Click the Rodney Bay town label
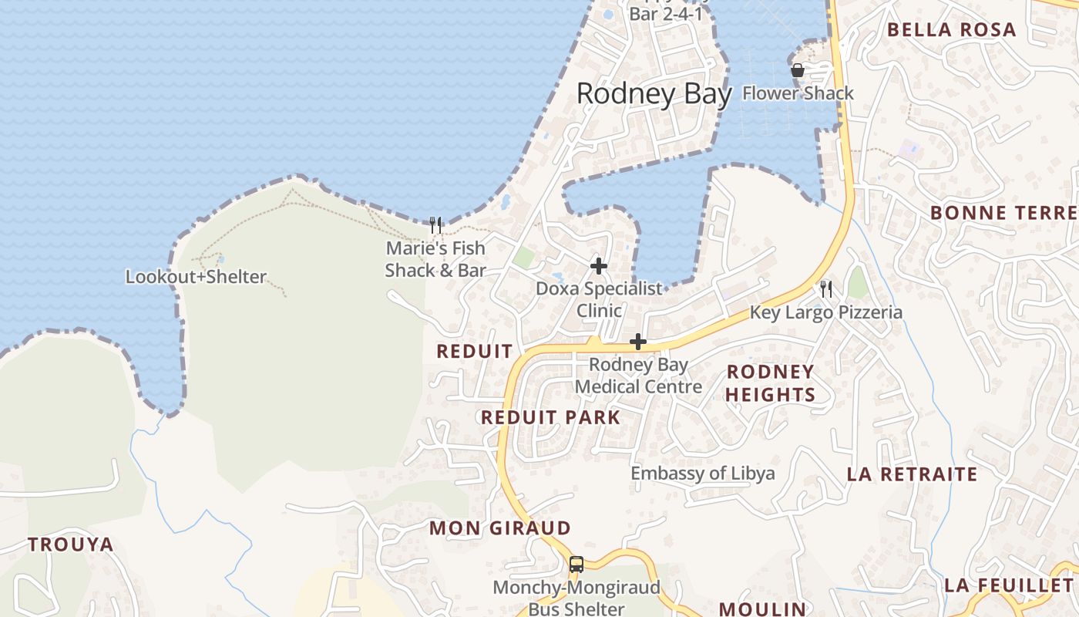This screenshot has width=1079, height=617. (x=654, y=94)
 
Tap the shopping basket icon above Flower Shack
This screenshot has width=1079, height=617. (x=798, y=70)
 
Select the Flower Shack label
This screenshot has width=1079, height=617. (x=798, y=93)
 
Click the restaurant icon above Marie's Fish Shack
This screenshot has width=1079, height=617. (x=435, y=225)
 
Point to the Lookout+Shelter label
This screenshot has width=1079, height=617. (x=196, y=277)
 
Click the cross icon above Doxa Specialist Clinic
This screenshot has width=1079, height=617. (x=599, y=266)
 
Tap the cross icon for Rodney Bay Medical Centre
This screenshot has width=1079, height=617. (x=638, y=342)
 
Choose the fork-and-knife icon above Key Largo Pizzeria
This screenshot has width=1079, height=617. (x=826, y=289)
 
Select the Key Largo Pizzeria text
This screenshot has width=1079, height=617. (x=825, y=312)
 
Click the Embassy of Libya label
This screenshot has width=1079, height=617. (x=703, y=473)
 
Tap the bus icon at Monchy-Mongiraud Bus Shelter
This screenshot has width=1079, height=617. (x=576, y=564)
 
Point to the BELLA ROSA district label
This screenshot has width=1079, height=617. (x=951, y=30)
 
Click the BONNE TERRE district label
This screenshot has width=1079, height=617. (x=1003, y=213)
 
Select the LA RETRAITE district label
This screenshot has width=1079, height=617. (x=912, y=474)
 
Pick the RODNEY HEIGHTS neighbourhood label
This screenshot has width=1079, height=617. (x=771, y=383)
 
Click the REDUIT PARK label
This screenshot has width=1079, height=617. (x=550, y=417)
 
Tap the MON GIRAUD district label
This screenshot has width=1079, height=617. (x=499, y=528)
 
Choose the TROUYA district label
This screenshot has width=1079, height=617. (x=71, y=545)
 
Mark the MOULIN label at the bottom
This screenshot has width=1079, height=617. (x=762, y=609)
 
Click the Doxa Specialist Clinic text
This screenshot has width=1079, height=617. (x=599, y=300)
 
